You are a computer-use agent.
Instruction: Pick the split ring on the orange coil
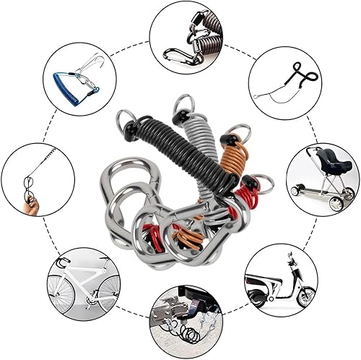240,132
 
